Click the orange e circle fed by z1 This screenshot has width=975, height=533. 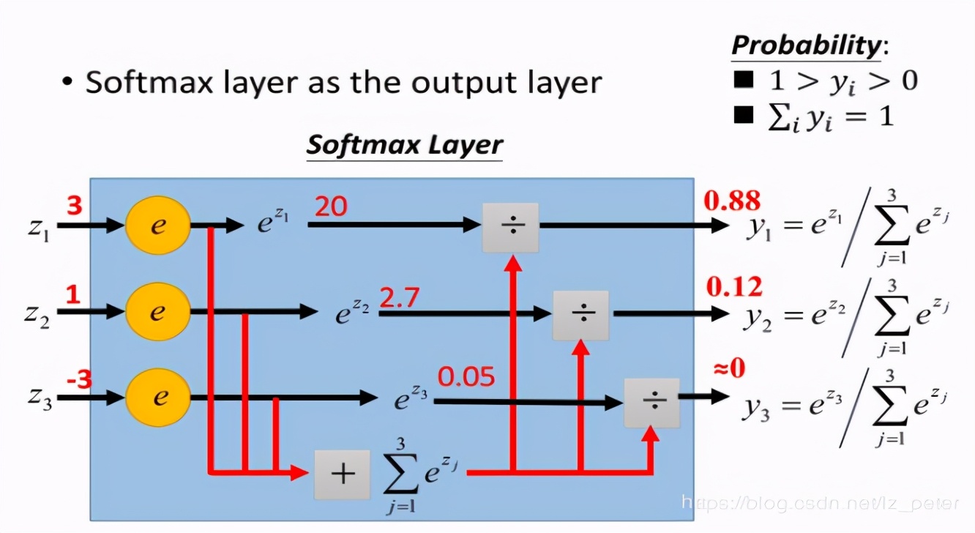click(x=158, y=226)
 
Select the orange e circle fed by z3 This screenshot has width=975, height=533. click(x=158, y=398)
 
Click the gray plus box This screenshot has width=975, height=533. click(x=342, y=474)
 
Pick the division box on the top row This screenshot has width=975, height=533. click(x=510, y=227)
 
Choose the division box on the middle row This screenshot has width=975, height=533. click(x=580, y=315)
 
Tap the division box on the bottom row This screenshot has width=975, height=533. click(x=651, y=402)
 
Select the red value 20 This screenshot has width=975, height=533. click(x=331, y=207)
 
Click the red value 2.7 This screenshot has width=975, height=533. click(x=399, y=298)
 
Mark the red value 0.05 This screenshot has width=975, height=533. click(x=466, y=376)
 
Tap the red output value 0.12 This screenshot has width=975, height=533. click(x=733, y=286)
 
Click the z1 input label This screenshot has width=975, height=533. click(x=39, y=228)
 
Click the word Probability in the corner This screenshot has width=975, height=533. click(x=806, y=45)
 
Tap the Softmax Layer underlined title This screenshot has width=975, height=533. click(x=404, y=144)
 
